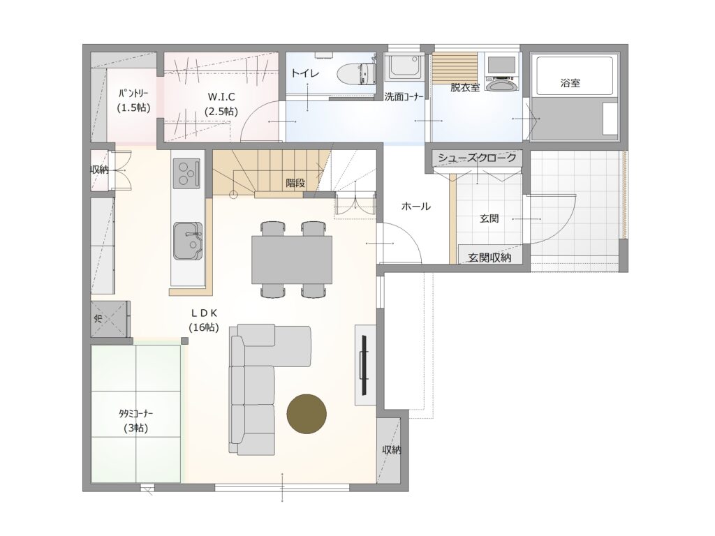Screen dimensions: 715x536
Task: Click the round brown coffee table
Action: [x=307, y=414]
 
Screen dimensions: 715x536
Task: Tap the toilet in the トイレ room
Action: [x=356, y=73]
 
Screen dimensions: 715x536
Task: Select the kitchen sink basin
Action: [x=187, y=240]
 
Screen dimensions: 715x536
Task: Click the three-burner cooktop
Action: [x=186, y=173]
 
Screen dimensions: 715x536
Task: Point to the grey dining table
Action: [x=292, y=260]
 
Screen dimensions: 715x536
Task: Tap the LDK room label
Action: [x=204, y=320]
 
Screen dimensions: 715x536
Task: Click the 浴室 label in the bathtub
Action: [x=570, y=83]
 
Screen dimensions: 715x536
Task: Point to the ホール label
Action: [x=416, y=207]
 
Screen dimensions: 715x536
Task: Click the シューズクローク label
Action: [x=477, y=158]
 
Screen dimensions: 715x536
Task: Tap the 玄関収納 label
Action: [x=489, y=258]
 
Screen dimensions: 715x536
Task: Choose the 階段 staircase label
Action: [x=295, y=184]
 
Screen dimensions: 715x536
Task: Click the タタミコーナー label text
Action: [x=136, y=414]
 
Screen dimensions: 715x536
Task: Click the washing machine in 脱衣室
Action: [x=501, y=73]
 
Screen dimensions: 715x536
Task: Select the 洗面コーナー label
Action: [x=404, y=96]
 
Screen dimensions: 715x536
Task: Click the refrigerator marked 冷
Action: [x=108, y=319]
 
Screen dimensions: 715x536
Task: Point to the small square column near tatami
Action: [x=184, y=341]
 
